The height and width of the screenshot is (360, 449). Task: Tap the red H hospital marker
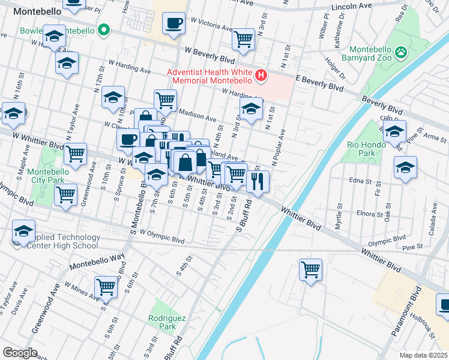(x=261, y=75)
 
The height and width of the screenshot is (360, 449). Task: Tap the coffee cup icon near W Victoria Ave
(x=174, y=23)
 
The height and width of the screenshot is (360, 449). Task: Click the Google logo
(x=20, y=352)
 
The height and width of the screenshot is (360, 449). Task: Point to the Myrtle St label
(x=339, y=214)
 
